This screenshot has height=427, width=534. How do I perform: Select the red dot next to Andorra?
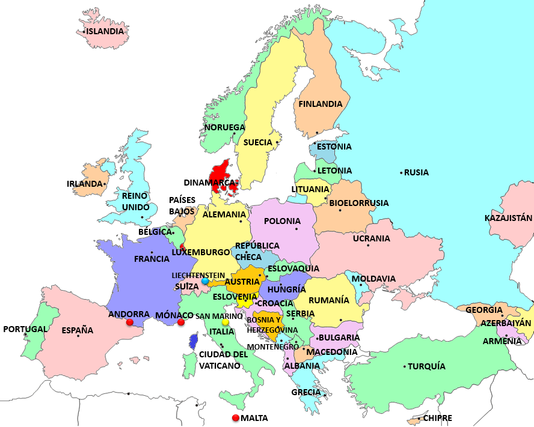(129, 323)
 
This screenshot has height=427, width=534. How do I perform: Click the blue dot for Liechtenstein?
(205, 281)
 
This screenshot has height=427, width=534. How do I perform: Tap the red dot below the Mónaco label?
(181, 323)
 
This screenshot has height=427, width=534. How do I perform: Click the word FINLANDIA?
(321, 104)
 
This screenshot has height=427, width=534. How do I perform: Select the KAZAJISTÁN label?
(508, 218)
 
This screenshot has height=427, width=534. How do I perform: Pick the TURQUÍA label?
(427, 366)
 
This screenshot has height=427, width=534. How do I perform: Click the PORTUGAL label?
(25, 329)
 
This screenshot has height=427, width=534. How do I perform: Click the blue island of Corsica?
(193, 342)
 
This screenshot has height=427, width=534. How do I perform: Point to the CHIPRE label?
(437, 418)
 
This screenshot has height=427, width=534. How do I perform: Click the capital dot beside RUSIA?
(401, 173)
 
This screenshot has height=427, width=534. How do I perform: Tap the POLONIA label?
(282, 221)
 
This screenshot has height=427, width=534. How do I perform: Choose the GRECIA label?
(305, 392)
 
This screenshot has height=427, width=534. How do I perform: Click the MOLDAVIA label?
(373, 279)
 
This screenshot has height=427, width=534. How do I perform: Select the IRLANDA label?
(85, 184)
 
